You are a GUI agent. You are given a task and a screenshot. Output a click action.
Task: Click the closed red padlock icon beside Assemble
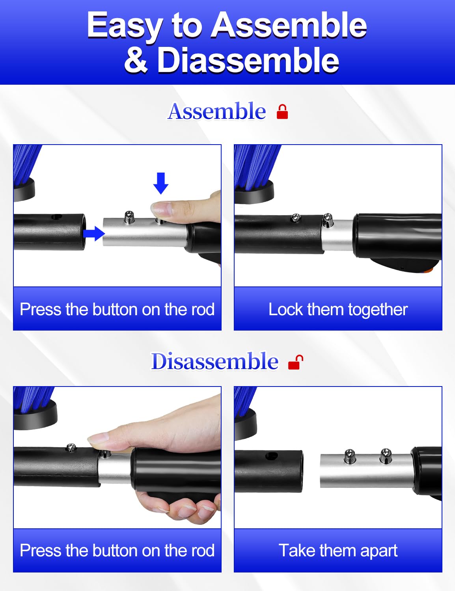coord(282,112)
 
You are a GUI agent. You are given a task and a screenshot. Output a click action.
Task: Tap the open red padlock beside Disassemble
coord(296,362)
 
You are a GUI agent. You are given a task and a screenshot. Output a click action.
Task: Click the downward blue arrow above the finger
coord(161,183)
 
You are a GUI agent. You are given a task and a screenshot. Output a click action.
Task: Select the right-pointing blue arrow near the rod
coord(94,233)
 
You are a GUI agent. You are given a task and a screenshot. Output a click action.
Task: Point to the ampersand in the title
coord(136,60)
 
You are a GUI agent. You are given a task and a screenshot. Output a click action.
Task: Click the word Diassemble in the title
coord(248,60)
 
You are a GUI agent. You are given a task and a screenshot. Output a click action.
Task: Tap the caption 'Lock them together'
coord(338,310)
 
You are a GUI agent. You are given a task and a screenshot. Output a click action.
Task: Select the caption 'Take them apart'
coord(338,550)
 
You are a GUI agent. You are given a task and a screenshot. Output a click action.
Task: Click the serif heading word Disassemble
coord(215,361)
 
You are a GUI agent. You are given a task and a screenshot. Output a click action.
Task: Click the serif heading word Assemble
coord(216,111)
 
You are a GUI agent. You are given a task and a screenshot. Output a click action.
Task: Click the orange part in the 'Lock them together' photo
coord(429,269)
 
